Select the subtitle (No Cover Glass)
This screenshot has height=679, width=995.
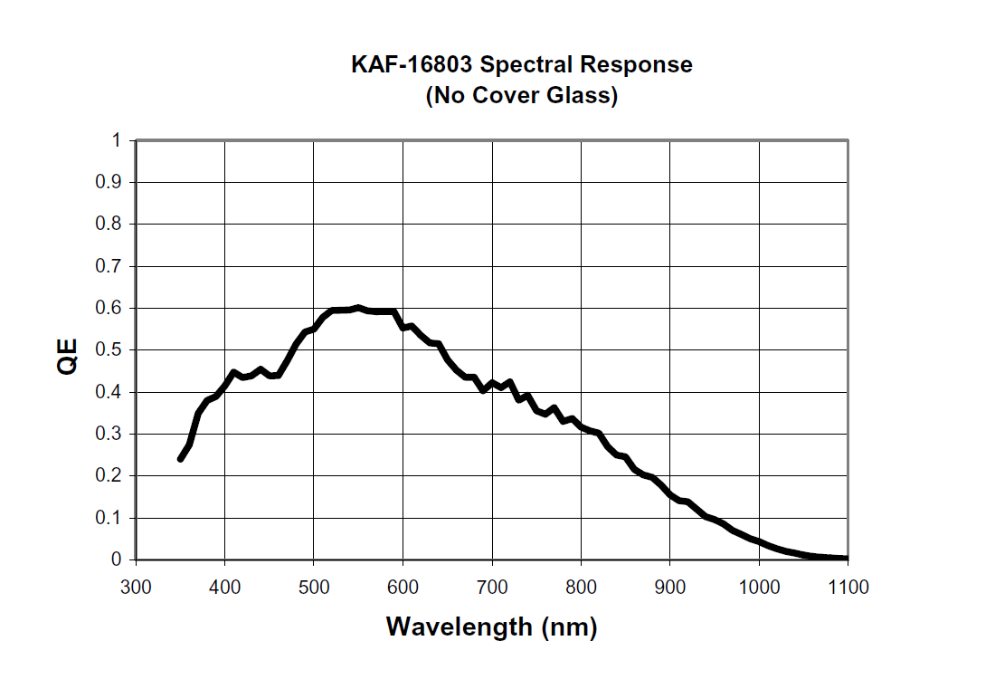tap(522, 95)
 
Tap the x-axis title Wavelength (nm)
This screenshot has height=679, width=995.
tap(491, 626)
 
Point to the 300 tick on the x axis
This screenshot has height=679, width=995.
tap(136, 588)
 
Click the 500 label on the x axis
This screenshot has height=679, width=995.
tap(314, 588)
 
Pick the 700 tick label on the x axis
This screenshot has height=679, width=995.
tap(492, 588)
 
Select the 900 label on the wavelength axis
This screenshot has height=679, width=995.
tap(670, 588)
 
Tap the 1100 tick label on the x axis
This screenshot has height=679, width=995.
tap(848, 588)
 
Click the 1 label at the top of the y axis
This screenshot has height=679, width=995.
tap(115, 140)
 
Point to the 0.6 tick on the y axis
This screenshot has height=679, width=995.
tap(109, 308)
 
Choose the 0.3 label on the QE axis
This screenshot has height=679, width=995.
tap(109, 434)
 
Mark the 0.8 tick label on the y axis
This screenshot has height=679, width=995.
tap(109, 225)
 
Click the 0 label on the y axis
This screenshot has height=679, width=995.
tap(115, 559)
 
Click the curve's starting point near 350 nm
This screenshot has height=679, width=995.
tap(180, 459)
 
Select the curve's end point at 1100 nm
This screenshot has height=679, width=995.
tap(847, 559)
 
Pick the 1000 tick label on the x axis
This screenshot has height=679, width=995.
tap(759, 588)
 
